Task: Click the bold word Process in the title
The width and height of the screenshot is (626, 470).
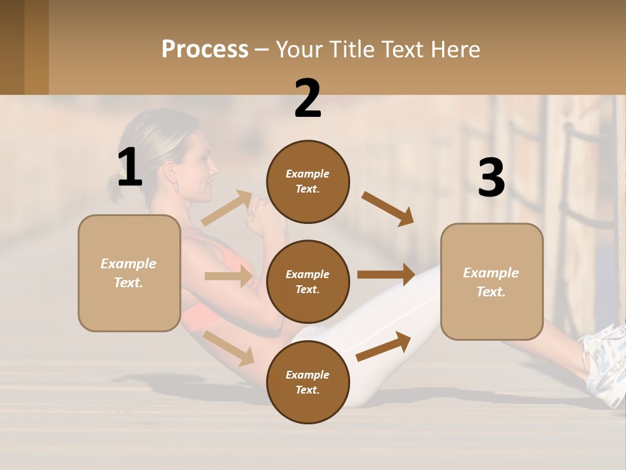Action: pyautogui.click(x=205, y=50)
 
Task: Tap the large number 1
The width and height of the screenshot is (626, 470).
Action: pyautogui.click(x=130, y=167)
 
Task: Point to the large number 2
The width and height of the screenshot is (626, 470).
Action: pyautogui.click(x=308, y=99)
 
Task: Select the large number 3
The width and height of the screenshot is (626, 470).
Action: pyautogui.click(x=491, y=178)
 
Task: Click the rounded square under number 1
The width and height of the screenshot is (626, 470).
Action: pyautogui.click(x=129, y=273)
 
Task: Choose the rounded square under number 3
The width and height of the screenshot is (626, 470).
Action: pyautogui.click(x=492, y=282)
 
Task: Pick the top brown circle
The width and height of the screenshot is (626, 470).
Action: pyautogui.click(x=308, y=181)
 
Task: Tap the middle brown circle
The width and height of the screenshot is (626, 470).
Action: pyautogui.click(x=308, y=281)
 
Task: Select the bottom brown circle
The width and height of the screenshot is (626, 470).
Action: pyautogui.click(x=308, y=382)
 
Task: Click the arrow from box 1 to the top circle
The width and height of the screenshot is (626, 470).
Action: pyautogui.click(x=226, y=208)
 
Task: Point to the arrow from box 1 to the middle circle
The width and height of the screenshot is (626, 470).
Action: pyautogui.click(x=228, y=276)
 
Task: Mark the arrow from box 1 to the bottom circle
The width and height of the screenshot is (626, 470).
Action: pyautogui.click(x=229, y=348)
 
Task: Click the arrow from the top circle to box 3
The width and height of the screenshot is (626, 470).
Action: pyautogui.click(x=388, y=209)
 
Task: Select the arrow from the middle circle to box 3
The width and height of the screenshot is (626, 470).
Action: pyautogui.click(x=386, y=274)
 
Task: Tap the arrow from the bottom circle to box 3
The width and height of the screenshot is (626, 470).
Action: pyautogui.click(x=383, y=346)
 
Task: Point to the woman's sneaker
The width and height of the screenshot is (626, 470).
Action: pyautogui.click(x=604, y=362)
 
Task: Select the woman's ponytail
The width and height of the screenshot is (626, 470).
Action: pyautogui.click(x=117, y=189)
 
